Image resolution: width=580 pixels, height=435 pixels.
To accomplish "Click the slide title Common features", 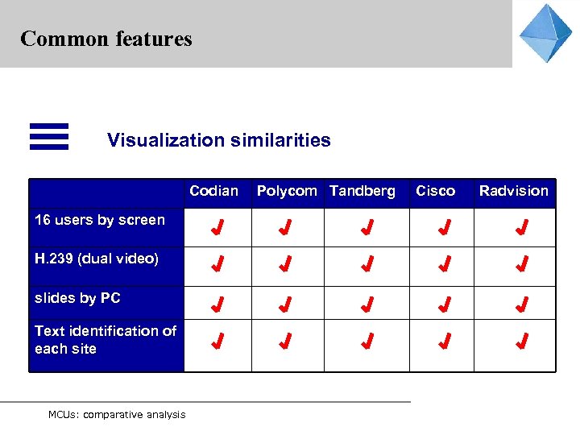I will pos(106,39).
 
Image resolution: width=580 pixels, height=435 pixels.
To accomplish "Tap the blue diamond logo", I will pos(545,33).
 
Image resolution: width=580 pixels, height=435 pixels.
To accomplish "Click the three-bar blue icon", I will pos(49,136).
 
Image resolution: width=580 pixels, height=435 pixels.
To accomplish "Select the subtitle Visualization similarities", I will pos(218,140).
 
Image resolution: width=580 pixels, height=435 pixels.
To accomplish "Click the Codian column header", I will pos(213,191).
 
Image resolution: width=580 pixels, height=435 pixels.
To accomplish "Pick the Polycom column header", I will pos(287,191).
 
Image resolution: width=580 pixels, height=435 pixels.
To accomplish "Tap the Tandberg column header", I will pos(362,191).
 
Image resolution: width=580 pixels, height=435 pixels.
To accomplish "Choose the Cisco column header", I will pos(435,191).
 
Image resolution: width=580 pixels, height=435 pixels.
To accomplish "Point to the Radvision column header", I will pos(513,191).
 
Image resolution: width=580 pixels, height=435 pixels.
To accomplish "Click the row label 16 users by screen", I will pos(100,220).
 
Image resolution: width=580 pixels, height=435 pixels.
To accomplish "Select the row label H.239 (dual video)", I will pos(97,259).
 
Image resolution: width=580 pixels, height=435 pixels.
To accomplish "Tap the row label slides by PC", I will pos(77,298).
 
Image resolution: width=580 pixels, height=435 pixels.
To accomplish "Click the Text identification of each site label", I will pos(106,340).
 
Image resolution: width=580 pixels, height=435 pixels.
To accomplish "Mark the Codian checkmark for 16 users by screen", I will pos(216,228).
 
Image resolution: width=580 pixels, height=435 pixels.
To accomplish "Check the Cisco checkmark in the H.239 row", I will pos(443,264).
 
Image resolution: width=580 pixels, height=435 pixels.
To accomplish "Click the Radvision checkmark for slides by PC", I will pos(522,304).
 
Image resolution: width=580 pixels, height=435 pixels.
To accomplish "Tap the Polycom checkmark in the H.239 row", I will pos(284,264).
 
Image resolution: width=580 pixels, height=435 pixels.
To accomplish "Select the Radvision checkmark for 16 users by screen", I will pos(522,228).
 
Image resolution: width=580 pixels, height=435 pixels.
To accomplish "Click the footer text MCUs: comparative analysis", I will pos(117,415).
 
